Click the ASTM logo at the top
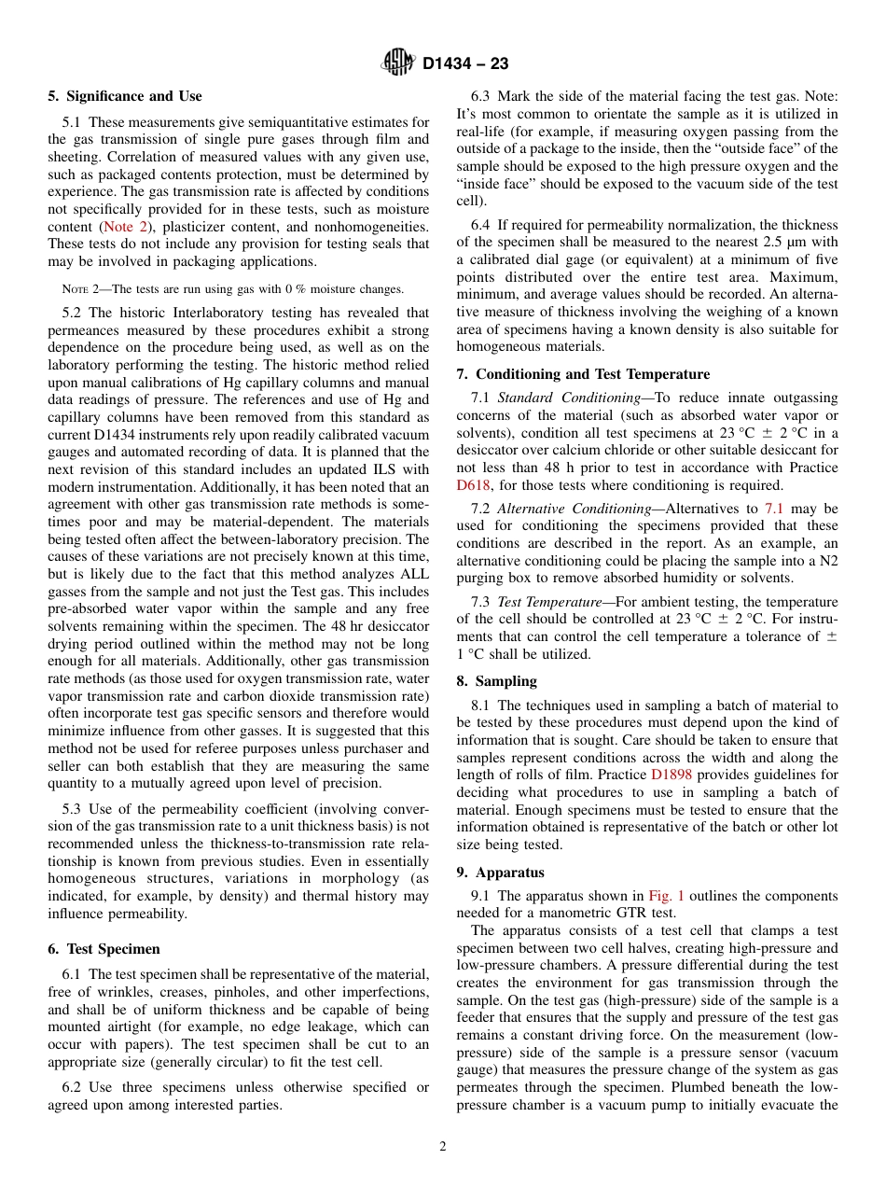(x=398, y=63)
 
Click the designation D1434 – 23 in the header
(x=465, y=64)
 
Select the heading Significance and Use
(x=125, y=96)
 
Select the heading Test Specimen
(x=104, y=948)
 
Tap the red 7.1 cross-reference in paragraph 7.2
(x=774, y=509)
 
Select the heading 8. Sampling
(x=496, y=681)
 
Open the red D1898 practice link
(x=672, y=775)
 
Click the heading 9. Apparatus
(x=500, y=873)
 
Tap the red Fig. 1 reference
(x=667, y=896)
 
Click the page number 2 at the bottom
(x=443, y=1147)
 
